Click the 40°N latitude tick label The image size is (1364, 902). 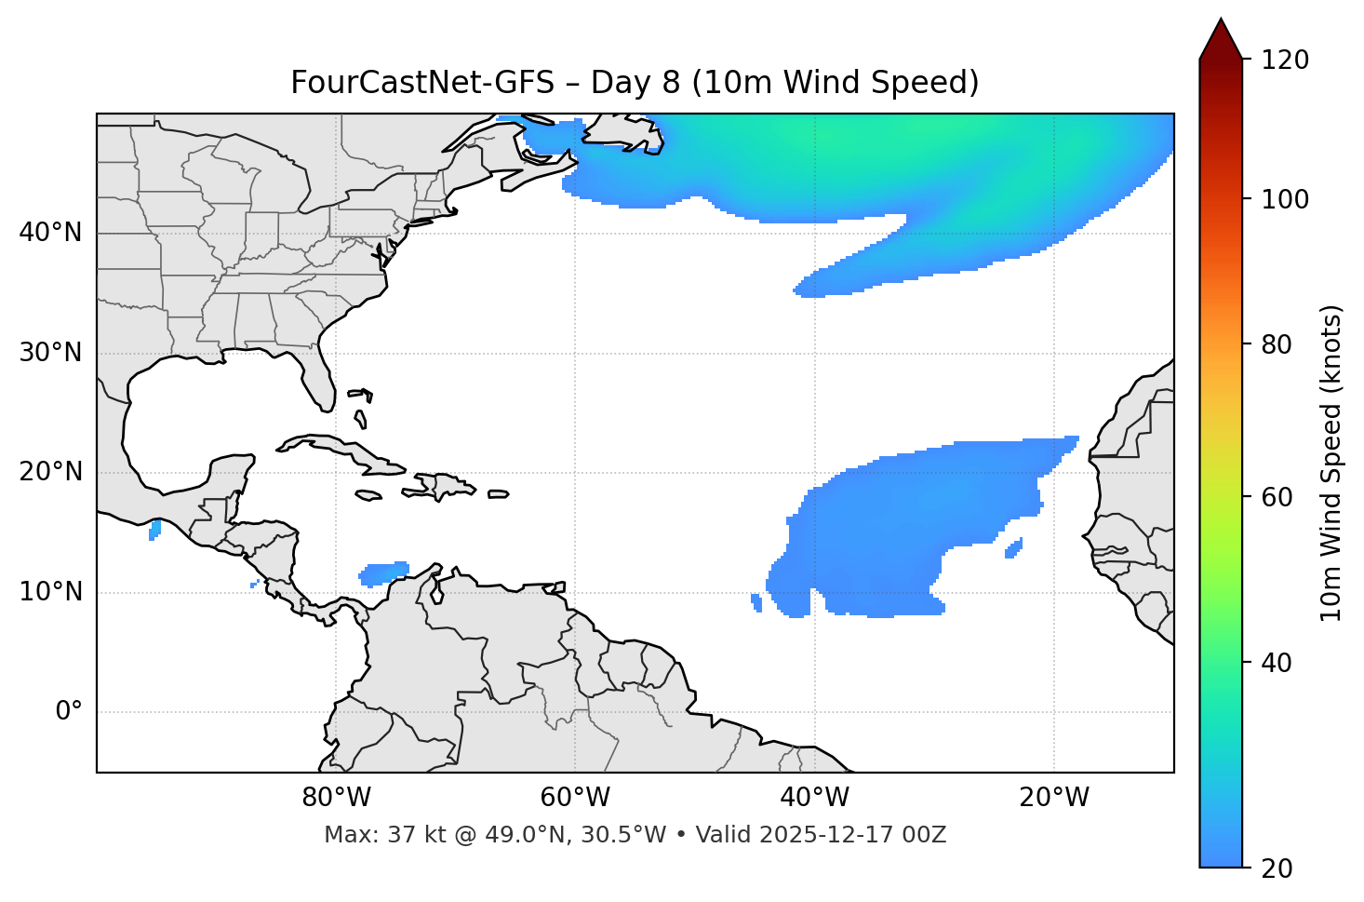click(x=50, y=233)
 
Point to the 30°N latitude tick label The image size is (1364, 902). click(x=50, y=353)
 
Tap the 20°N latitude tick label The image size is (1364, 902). click(x=50, y=472)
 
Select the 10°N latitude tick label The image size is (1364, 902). click(x=50, y=592)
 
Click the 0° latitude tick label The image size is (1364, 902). click(x=68, y=712)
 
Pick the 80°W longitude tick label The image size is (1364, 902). click(x=336, y=798)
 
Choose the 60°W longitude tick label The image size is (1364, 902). click(x=575, y=798)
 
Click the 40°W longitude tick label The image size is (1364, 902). click(x=814, y=798)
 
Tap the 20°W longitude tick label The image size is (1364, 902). click(x=1053, y=798)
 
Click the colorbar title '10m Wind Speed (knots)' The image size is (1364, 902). click(x=1331, y=463)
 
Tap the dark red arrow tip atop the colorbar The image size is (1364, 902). click(x=1221, y=37)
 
